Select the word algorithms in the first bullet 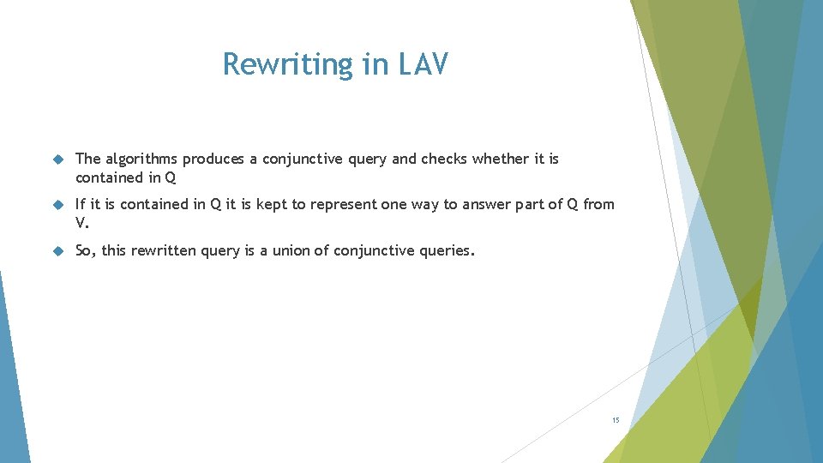[x=141, y=159]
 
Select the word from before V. [x=598, y=204]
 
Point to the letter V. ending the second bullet [x=81, y=223]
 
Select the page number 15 [x=616, y=420]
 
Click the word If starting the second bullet [x=81, y=204]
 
